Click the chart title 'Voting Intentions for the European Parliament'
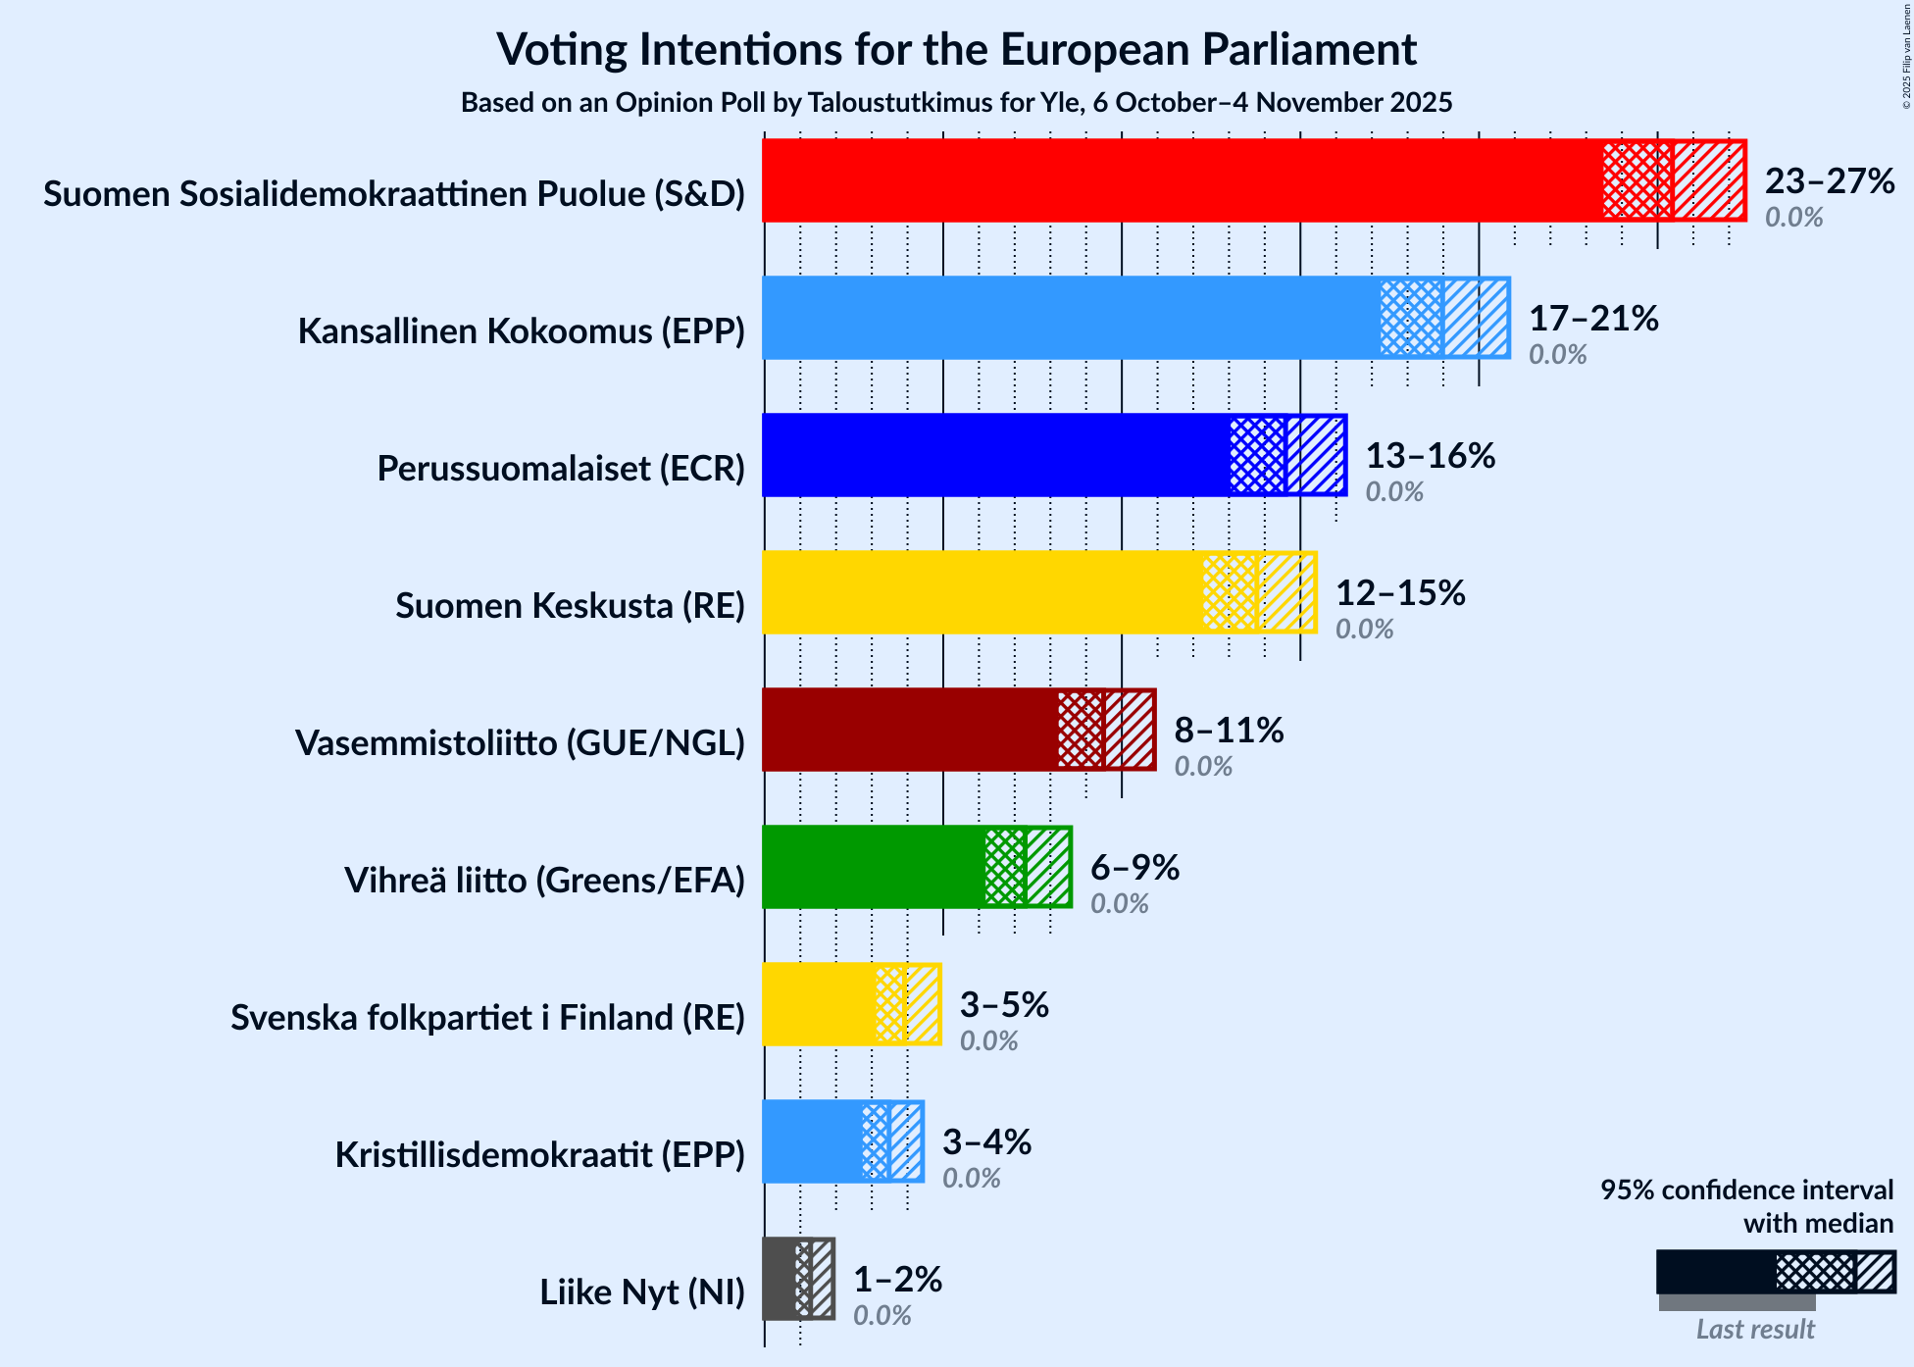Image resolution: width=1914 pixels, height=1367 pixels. click(x=956, y=49)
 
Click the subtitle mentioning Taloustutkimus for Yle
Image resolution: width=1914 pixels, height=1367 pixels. click(x=956, y=103)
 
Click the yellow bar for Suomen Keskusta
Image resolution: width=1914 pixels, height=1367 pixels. click(x=982, y=592)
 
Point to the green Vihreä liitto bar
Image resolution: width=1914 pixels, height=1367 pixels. click(x=873, y=867)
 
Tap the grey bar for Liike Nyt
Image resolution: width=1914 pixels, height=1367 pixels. click(x=780, y=1279)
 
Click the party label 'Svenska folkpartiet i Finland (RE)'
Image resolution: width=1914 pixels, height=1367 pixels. click(x=487, y=1018)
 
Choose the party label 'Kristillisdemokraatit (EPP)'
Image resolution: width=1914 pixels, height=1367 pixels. click(x=539, y=1155)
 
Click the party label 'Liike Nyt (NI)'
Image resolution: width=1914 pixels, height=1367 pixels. click(x=642, y=1292)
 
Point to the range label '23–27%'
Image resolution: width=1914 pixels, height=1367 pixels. click(x=1830, y=181)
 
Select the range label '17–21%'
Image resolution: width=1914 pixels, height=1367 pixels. click(x=1593, y=319)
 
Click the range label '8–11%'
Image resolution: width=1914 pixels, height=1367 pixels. click(x=1229, y=731)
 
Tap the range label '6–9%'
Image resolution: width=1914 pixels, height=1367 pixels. click(x=1134, y=868)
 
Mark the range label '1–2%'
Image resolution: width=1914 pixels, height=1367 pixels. click(x=897, y=1280)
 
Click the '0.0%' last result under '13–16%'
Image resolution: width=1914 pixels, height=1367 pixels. click(x=1394, y=491)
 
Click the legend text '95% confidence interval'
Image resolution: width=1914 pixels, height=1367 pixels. click(x=1746, y=1190)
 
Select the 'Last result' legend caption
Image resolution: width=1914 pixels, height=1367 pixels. click(x=1755, y=1330)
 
